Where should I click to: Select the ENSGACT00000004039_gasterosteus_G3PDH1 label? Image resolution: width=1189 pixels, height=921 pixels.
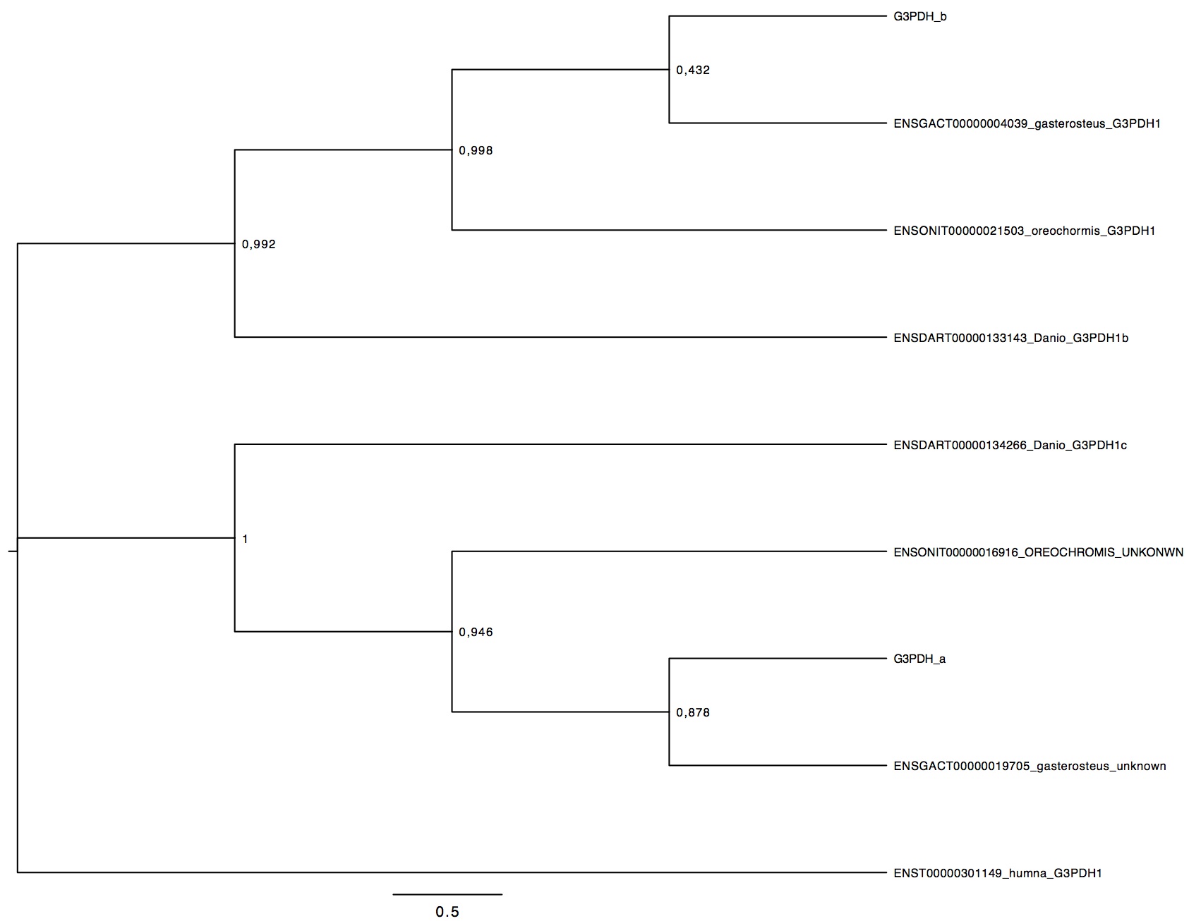click(x=1027, y=123)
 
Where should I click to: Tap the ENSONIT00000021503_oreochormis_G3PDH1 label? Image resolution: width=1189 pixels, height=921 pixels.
click(x=1024, y=231)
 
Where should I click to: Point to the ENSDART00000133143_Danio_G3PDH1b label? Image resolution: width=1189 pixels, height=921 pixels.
click(x=1010, y=338)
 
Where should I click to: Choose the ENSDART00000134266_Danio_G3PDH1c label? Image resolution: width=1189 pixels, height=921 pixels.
click(x=1010, y=445)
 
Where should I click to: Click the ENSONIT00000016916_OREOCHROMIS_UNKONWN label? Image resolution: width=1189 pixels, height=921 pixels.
click(x=1038, y=552)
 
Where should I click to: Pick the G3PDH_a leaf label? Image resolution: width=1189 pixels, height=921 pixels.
click(x=919, y=659)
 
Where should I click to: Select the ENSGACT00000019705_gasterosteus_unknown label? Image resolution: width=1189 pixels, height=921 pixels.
click(x=1030, y=766)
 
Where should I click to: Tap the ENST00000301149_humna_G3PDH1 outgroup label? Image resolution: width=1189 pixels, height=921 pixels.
click(x=997, y=873)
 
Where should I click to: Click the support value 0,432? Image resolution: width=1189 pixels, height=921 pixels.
click(x=693, y=70)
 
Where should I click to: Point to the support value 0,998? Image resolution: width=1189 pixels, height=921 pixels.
click(x=476, y=150)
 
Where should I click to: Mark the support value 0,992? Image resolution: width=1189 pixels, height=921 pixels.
click(x=258, y=245)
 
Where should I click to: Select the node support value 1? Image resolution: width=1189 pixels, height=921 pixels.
click(x=245, y=539)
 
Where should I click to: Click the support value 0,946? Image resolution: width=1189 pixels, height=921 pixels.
click(x=476, y=633)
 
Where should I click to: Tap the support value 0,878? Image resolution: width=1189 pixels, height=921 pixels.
click(x=693, y=713)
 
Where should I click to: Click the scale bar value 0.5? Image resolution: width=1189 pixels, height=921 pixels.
click(x=447, y=912)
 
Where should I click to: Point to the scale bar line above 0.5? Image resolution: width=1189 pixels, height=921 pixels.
click(x=447, y=894)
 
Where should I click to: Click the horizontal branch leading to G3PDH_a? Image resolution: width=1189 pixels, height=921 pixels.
click(x=777, y=659)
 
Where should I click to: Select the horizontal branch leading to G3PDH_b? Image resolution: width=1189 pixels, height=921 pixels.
click(x=777, y=16)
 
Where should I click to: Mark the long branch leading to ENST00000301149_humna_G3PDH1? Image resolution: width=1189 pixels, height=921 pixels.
click(x=452, y=872)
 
